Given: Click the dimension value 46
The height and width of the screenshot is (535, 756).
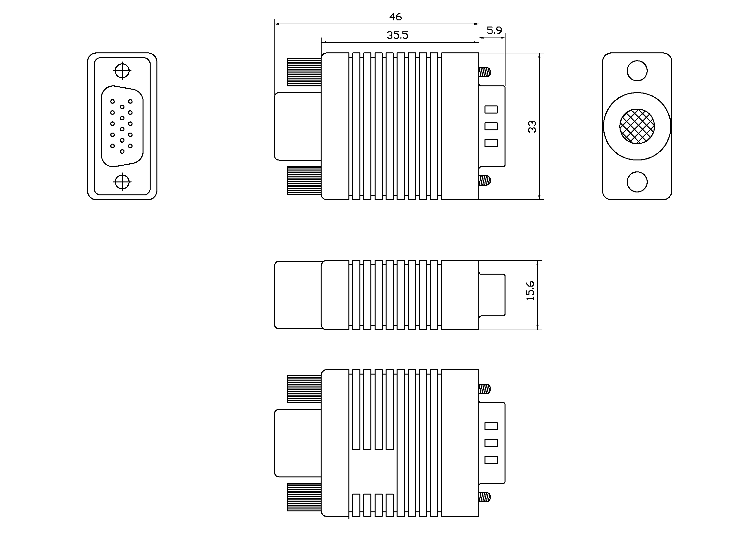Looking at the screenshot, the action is [x=395, y=17].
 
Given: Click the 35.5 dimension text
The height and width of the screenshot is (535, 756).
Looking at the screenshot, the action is [x=398, y=35].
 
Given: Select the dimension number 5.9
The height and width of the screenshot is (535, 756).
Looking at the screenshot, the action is [x=494, y=31].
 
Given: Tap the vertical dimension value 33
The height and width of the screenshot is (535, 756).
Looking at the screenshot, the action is [x=532, y=126].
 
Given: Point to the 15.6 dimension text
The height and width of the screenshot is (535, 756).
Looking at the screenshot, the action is [x=530, y=290].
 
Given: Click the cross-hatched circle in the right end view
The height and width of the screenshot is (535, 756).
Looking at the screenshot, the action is [x=637, y=126].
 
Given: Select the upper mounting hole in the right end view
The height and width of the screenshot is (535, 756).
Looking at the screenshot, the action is [x=637, y=71].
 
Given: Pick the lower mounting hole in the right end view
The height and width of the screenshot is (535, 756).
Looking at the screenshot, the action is [x=637, y=181].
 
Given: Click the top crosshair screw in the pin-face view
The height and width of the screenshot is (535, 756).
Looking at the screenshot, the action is [x=122, y=71].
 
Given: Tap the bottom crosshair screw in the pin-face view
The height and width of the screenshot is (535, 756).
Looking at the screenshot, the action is [x=122, y=181].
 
